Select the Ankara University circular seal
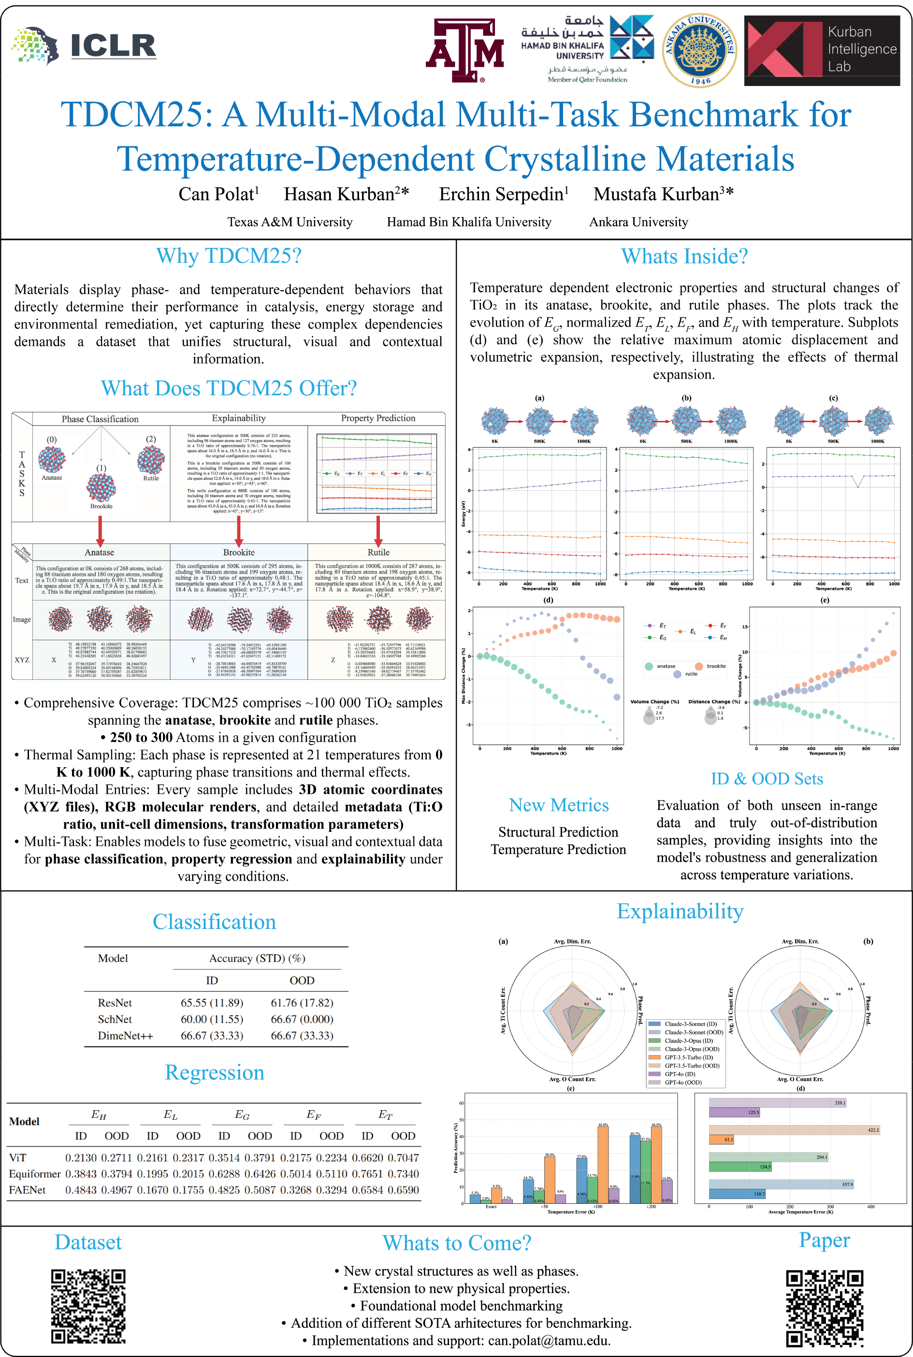[x=700, y=51]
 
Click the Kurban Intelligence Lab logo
[x=822, y=51]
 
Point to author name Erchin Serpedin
[x=503, y=194]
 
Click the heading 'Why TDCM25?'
[x=229, y=256]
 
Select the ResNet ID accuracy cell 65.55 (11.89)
[x=212, y=1002]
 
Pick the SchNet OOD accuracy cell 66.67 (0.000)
[x=302, y=1019]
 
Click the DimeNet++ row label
[x=125, y=1036]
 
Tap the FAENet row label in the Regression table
[x=28, y=1190]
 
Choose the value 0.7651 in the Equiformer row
[x=367, y=1174]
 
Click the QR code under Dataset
[x=88, y=1306]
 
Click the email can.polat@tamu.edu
[x=549, y=1341]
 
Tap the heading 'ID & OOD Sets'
[x=766, y=779]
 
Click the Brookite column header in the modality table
[x=239, y=552]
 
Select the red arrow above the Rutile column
[x=378, y=531]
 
